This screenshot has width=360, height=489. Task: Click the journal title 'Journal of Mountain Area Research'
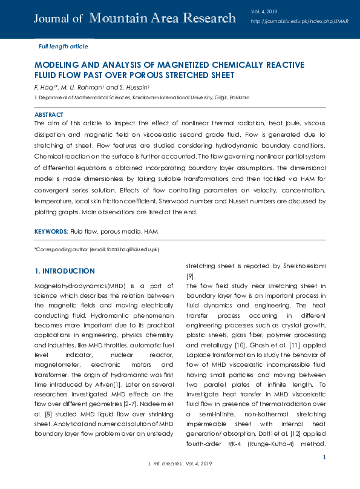click(x=134, y=19)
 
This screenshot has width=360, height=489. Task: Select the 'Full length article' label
click(x=63, y=47)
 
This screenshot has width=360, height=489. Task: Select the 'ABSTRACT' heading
click(x=48, y=114)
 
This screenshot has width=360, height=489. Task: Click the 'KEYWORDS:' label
click(x=51, y=231)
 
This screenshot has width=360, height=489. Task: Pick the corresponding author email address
click(x=133, y=249)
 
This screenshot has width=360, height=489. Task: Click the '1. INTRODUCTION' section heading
click(x=65, y=271)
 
